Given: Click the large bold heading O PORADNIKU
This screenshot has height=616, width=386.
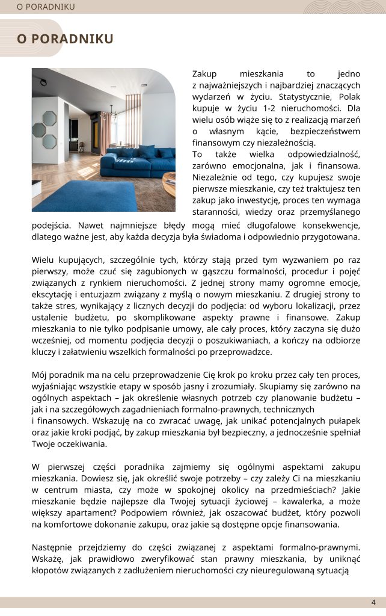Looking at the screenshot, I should pos(65,39).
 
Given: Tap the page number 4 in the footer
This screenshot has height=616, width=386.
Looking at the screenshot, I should pos(373,602).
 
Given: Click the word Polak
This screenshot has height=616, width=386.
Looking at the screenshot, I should pos(349,96).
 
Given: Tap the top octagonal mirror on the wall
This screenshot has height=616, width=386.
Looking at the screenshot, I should pos(49,117).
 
